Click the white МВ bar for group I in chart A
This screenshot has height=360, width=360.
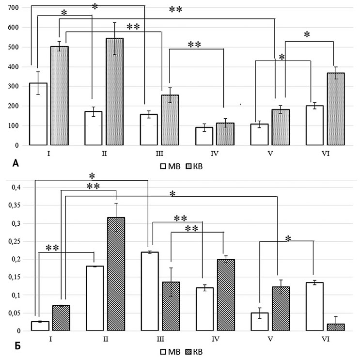(x=38, y=114)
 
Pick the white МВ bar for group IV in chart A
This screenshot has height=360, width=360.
(x=204, y=136)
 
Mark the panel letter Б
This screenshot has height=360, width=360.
(x=15, y=347)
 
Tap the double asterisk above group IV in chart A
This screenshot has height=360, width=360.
(x=194, y=45)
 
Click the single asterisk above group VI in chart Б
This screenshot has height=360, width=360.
(x=288, y=239)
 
